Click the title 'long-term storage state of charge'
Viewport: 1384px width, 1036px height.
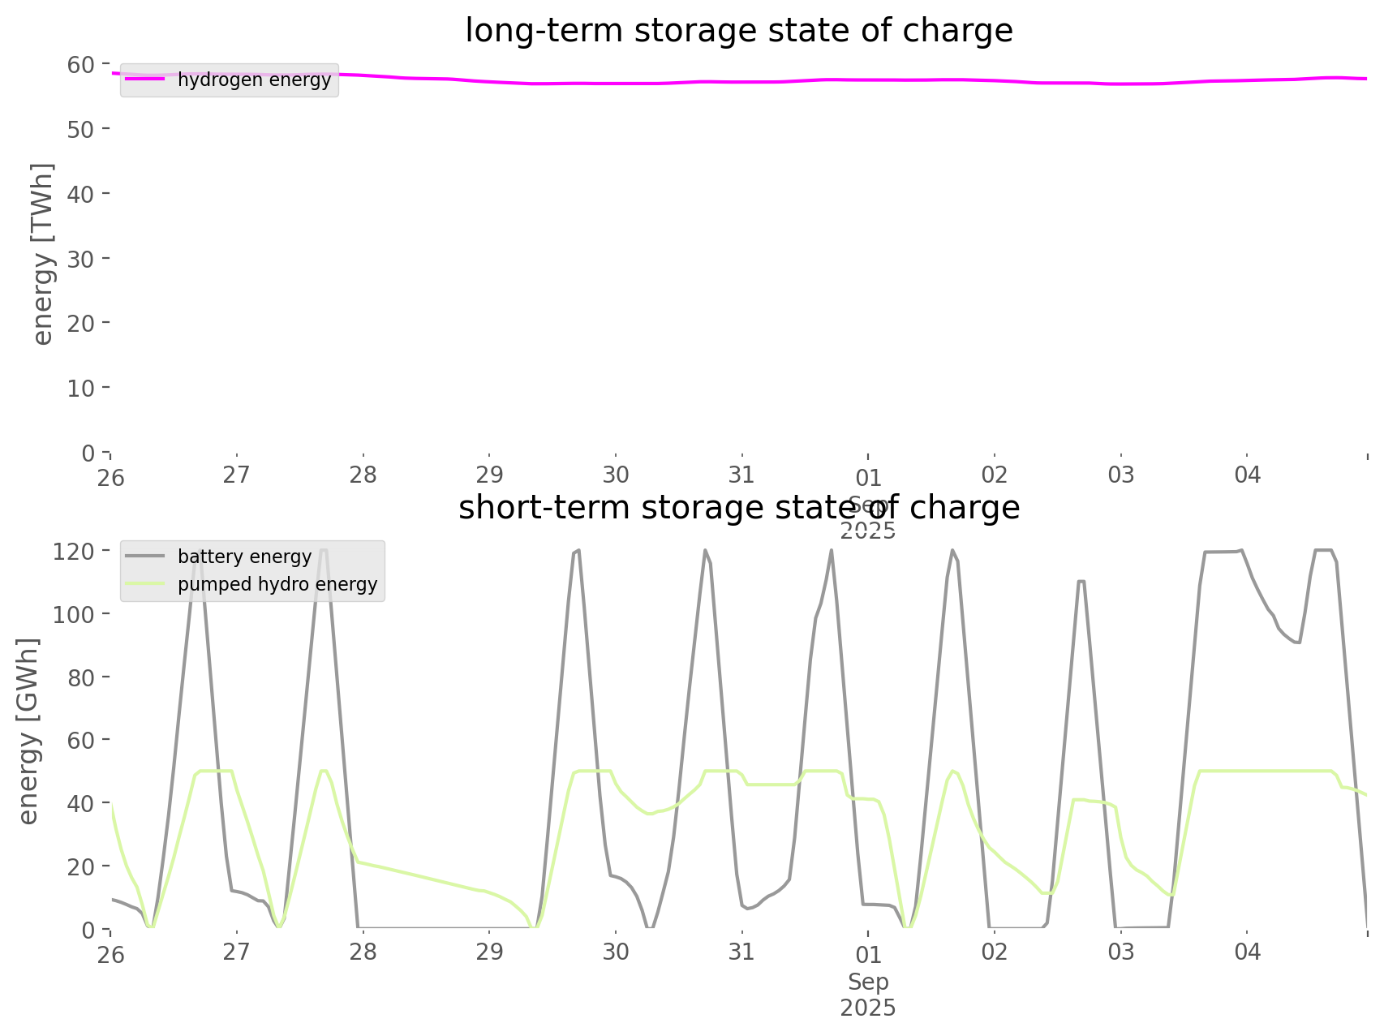coord(738,31)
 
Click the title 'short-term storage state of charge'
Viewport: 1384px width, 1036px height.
coord(738,508)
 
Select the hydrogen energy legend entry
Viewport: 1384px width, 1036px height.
coord(254,80)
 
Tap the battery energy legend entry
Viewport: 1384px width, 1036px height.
coord(244,557)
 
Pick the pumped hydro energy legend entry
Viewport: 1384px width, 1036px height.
coord(277,584)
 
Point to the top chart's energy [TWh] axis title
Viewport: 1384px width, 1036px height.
coord(43,254)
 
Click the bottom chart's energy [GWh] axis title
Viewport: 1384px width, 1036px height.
coord(28,731)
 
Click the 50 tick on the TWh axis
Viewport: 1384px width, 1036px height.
coord(84,129)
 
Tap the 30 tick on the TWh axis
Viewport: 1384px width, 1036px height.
coord(84,258)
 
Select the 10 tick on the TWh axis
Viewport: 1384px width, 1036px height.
coord(84,388)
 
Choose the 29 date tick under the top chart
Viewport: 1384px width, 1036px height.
coord(489,475)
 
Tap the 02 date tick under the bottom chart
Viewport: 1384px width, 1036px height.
coord(995,952)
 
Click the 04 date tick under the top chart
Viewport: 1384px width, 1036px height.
coord(1248,475)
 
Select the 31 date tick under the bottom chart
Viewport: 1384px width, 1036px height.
coord(741,952)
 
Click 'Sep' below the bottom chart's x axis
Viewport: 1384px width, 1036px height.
coord(868,982)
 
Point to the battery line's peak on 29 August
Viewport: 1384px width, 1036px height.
coord(578,551)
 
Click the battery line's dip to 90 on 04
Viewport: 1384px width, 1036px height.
coord(1299,643)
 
